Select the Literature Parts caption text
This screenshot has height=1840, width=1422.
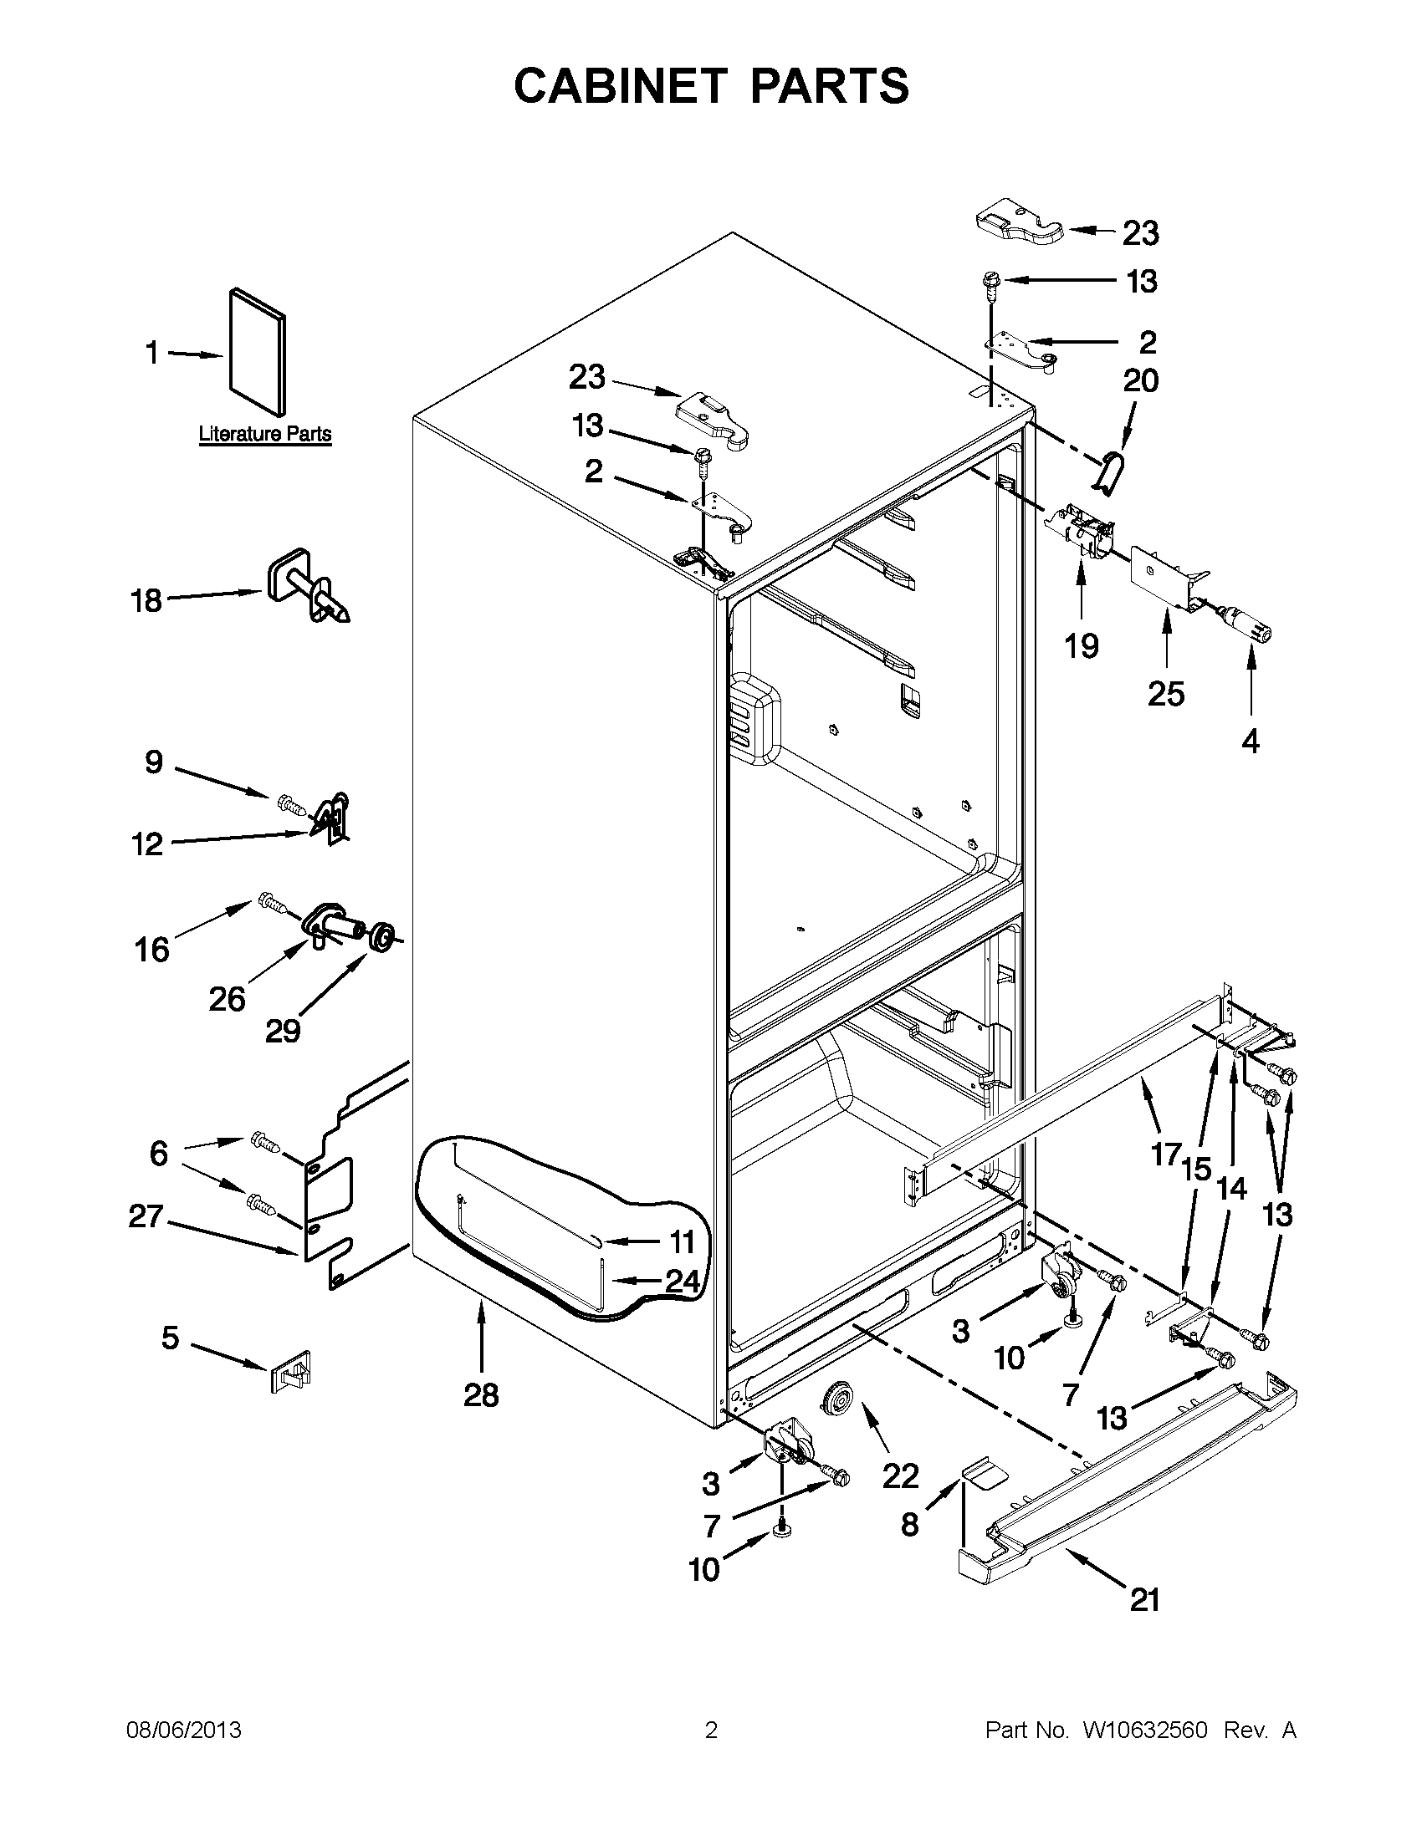[264, 435]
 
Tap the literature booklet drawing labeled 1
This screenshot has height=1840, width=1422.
[256, 352]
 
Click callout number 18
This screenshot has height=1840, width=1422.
[146, 602]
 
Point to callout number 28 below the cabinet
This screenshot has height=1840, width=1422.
[481, 1396]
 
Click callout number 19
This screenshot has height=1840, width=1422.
[1081, 646]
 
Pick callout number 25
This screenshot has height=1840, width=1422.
[1166, 693]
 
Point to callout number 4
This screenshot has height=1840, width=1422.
[1251, 742]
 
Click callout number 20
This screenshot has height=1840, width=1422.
[1140, 381]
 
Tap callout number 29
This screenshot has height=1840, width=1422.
[284, 1031]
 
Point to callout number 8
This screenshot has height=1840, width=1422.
[909, 1523]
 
